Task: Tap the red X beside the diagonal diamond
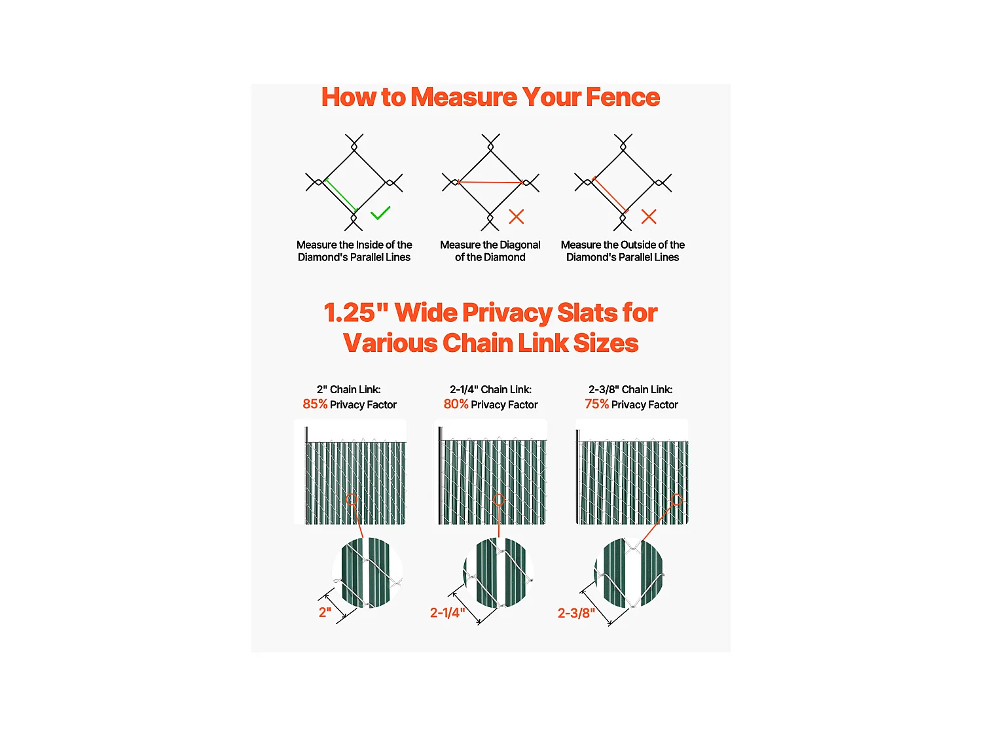(517, 217)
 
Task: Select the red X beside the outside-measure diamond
(649, 217)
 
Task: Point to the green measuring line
(341, 195)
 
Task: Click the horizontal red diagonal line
(490, 183)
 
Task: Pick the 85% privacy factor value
(315, 404)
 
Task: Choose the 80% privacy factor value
(456, 404)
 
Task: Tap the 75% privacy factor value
(596, 404)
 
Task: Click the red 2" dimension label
(325, 612)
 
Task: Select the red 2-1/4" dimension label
(447, 612)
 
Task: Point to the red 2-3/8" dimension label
(576, 612)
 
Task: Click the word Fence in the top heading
(623, 97)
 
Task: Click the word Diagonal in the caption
(520, 245)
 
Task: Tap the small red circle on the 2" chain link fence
(352, 500)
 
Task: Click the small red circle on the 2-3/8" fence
(677, 500)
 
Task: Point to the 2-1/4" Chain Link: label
(490, 389)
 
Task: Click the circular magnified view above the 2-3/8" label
(629, 572)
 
